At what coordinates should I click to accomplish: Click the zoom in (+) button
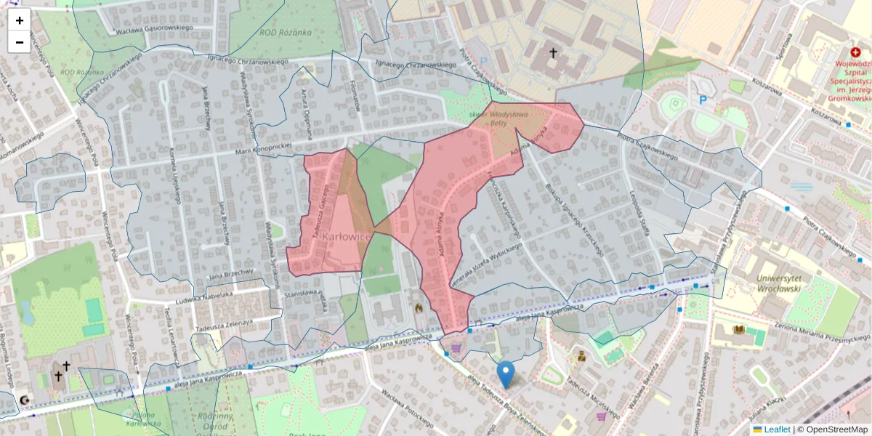[x=19, y=20]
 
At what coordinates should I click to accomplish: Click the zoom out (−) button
[x=19, y=41]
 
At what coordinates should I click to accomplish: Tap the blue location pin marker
[x=505, y=374]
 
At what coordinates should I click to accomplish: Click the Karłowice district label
[x=347, y=237]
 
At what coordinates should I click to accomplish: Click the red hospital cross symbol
[x=855, y=52]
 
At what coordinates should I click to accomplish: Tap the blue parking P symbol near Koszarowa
[x=703, y=100]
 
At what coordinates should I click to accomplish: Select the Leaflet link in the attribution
[x=776, y=429]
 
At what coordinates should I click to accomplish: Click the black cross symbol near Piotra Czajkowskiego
[x=553, y=53]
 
